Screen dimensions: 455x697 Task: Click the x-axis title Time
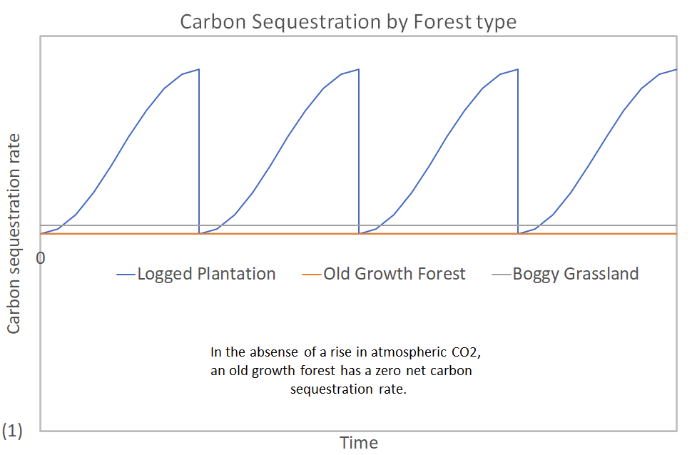(x=358, y=442)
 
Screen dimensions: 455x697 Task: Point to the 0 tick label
(x=41, y=257)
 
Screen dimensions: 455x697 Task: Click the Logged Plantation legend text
(x=206, y=274)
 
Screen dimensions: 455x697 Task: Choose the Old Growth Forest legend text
(x=395, y=274)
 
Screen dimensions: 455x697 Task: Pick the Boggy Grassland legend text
(x=576, y=274)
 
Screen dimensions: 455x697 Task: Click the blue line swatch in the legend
(x=126, y=275)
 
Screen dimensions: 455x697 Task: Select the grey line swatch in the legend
(x=502, y=275)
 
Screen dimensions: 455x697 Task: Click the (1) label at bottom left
(x=14, y=430)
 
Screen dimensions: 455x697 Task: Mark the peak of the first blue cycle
(x=198, y=69)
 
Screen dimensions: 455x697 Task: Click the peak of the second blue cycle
(x=358, y=69)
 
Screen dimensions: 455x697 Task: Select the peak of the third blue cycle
(x=517, y=69)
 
